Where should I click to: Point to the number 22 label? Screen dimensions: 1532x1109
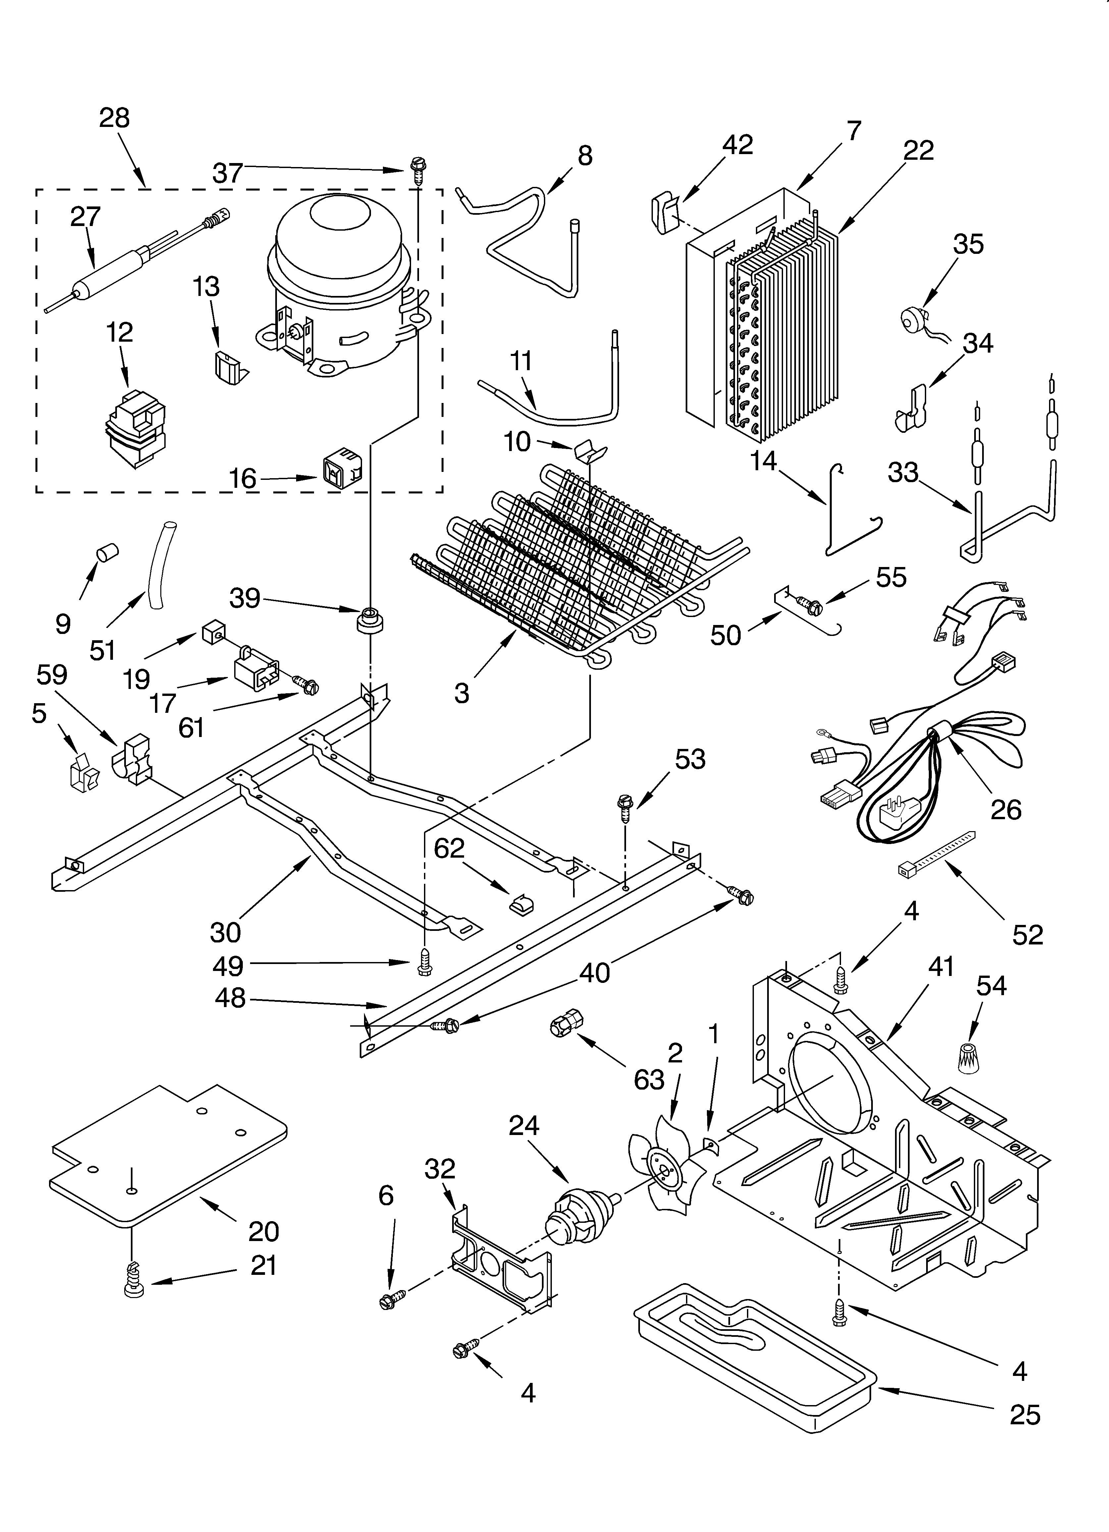click(x=919, y=150)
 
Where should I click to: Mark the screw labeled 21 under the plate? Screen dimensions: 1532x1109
click(x=134, y=1289)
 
